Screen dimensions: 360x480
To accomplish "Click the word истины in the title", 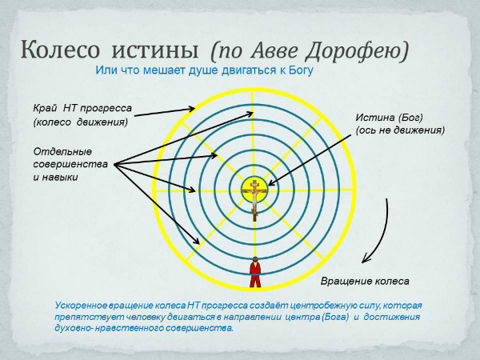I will tap(156, 49).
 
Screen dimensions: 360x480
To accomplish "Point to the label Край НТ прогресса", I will tap(82, 108).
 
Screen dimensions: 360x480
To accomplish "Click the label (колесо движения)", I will tap(80, 122).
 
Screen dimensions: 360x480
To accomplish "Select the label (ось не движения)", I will tap(400, 130).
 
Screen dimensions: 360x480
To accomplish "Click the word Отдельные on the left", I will tap(62, 151).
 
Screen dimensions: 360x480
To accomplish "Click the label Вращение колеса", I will tap(364, 281).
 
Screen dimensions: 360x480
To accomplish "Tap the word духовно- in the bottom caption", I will tap(78, 329).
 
